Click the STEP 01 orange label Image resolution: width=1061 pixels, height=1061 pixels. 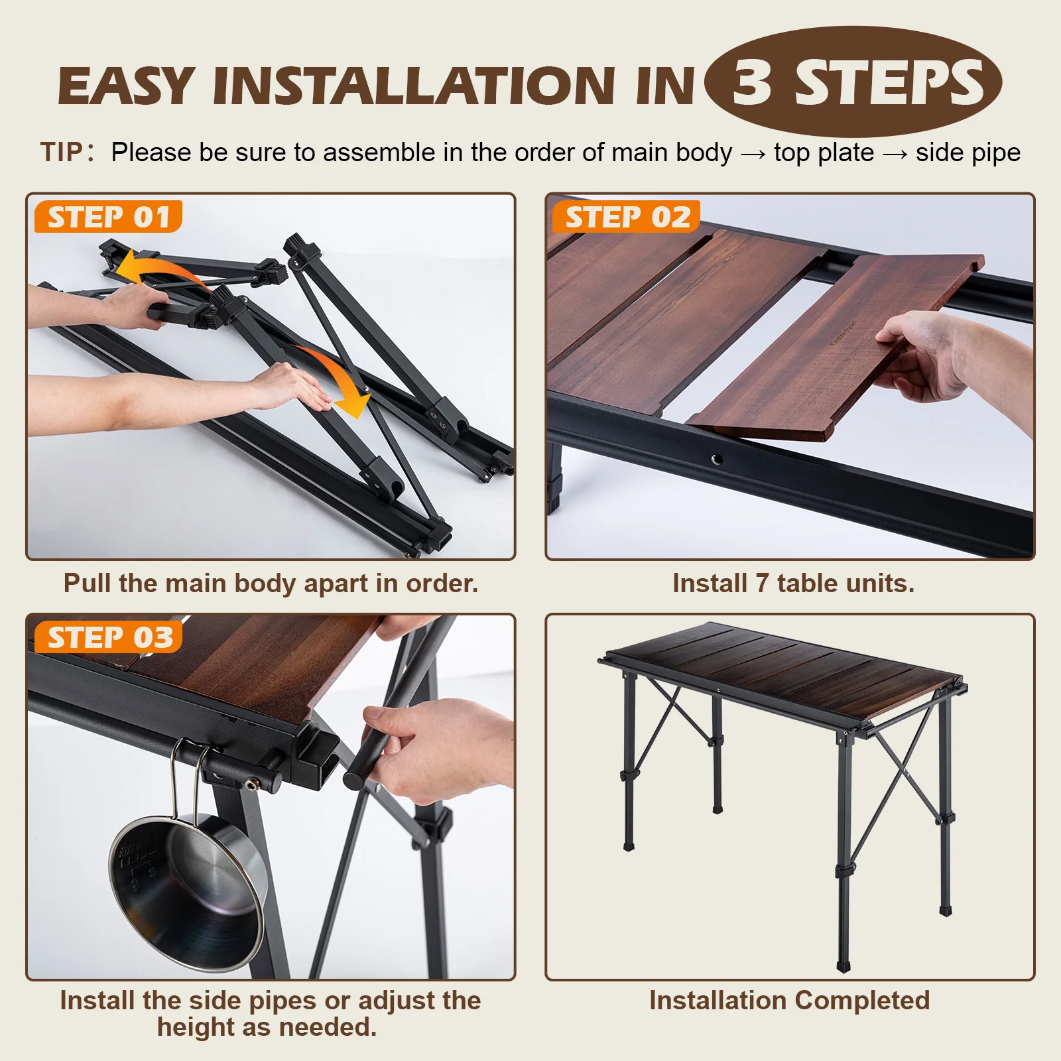pos(108,217)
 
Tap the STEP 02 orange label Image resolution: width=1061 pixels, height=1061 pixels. pos(627,217)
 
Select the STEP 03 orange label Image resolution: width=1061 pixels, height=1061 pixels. pos(108,637)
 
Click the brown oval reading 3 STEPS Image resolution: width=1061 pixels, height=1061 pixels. pos(853,82)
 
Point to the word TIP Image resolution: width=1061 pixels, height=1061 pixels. pos(62,153)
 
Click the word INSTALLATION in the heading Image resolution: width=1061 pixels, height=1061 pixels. pos(413,86)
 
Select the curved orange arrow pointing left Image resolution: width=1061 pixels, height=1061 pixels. pos(156,269)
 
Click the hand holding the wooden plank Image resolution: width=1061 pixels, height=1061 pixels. pos(928,358)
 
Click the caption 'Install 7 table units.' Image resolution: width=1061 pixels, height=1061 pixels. pos(793,584)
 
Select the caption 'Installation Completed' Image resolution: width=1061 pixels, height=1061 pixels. pos(789,1000)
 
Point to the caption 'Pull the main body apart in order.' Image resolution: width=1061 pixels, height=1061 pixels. pos(271,584)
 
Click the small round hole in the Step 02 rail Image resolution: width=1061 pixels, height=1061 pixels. pos(716,459)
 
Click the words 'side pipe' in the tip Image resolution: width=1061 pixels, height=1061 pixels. pos(967,153)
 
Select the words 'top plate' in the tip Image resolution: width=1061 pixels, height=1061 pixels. pos(824,153)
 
